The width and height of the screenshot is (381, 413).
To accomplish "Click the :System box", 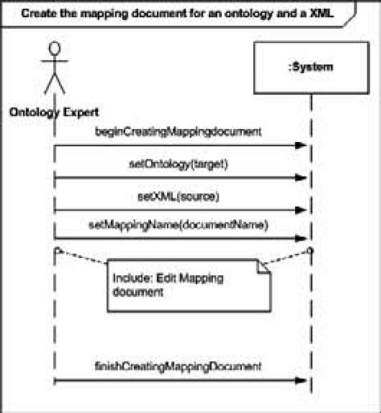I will tap(310, 68).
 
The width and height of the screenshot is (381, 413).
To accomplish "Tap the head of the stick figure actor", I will tap(54, 51).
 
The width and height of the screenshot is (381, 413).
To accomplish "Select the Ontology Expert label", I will tap(54, 112).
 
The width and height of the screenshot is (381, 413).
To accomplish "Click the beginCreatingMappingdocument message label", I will tap(178, 131).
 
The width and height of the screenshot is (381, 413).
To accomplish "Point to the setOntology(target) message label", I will tap(178, 164).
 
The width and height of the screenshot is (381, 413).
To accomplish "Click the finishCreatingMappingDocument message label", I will tap(178, 366).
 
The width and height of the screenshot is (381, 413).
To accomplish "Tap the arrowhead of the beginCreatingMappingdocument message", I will tap(302, 146).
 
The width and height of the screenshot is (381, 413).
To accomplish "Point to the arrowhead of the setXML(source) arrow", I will tap(302, 211).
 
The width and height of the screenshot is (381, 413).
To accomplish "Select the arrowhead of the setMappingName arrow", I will tap(302, 238).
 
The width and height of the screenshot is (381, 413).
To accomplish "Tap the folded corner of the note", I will tap(264, 276).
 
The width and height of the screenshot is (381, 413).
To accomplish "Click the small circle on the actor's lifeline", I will tap(55, 251).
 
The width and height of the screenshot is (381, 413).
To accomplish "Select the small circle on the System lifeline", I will tap(310, 251).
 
